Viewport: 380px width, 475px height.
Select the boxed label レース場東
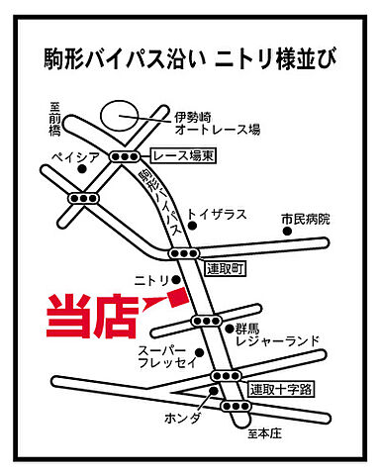(x=184, y=155)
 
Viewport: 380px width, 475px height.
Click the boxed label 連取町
(x=224, y=267)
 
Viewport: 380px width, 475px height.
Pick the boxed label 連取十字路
(x=280, y=389)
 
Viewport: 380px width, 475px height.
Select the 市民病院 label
(x=304, y=219)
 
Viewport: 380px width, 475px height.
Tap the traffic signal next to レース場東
(x=125, y=156)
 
